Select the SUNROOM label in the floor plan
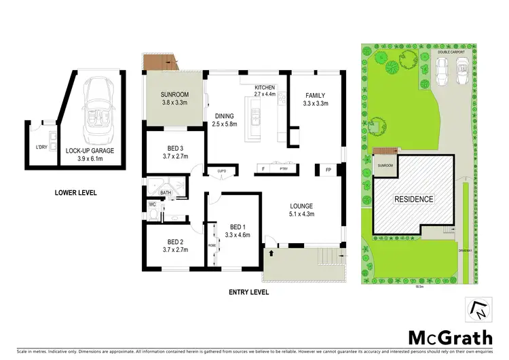pos(174,95)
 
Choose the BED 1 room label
pos(235,226)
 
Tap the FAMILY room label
pos(315,96)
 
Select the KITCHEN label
pos(265,88)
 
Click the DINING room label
pos(224,115)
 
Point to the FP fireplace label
pos(329,169)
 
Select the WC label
pos(153,203)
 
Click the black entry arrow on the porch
pos(272,253)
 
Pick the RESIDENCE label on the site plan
pos(414,199)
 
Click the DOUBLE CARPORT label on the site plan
pos(451,51)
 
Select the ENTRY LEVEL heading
pos(249,292)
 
